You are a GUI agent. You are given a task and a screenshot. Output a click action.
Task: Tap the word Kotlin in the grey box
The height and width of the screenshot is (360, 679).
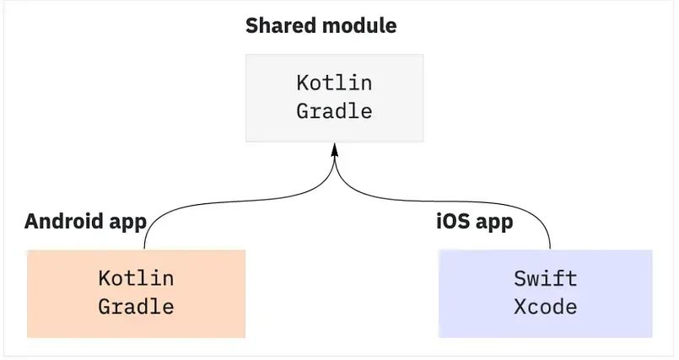(334, 83)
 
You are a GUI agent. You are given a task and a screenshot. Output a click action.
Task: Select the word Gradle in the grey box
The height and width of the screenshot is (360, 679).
(334, 111)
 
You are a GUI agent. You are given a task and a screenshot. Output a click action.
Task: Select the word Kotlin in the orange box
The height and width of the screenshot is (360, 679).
(136, 278)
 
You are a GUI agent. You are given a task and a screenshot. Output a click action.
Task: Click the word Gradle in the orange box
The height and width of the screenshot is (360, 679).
(136, 306)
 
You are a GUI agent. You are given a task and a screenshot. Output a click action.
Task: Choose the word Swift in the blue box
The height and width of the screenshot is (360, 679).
(545, 278)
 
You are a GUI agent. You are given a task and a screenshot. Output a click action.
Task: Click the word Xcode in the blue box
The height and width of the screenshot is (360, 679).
(545, 306)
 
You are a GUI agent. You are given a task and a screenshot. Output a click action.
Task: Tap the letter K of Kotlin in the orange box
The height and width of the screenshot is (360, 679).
(105, 278)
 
